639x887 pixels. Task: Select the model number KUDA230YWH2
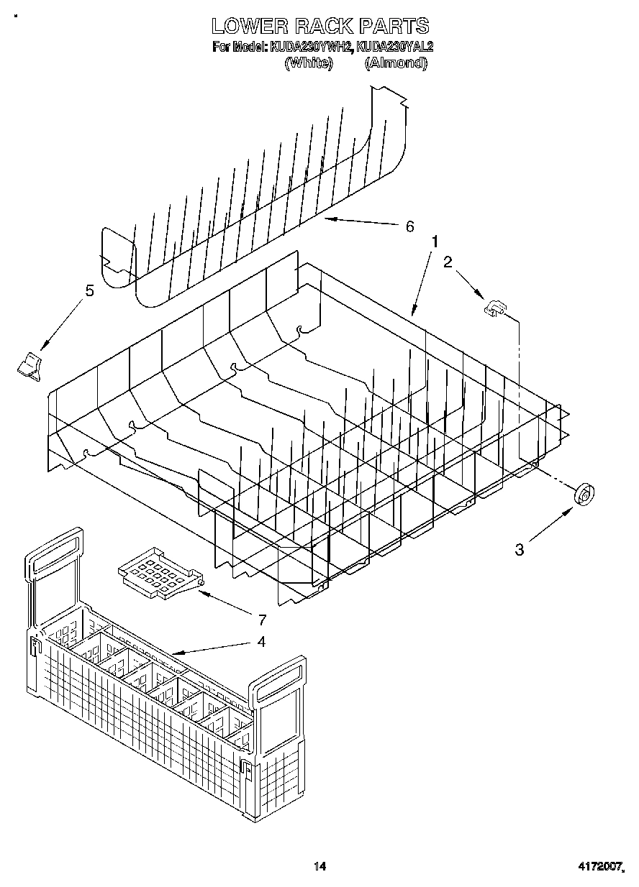click(310, 48)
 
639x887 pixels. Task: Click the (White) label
click(309, 63)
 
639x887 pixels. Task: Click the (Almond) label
click(396, 63)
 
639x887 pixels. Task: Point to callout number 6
click(409, 227)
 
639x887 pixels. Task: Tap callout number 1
click(434, 242)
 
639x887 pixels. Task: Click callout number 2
click(448, 262)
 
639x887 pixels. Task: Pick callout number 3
click(520, 550)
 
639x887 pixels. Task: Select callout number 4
click(260, 641)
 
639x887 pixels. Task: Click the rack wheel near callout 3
click(585, 495)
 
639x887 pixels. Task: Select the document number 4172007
click(599, 868)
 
